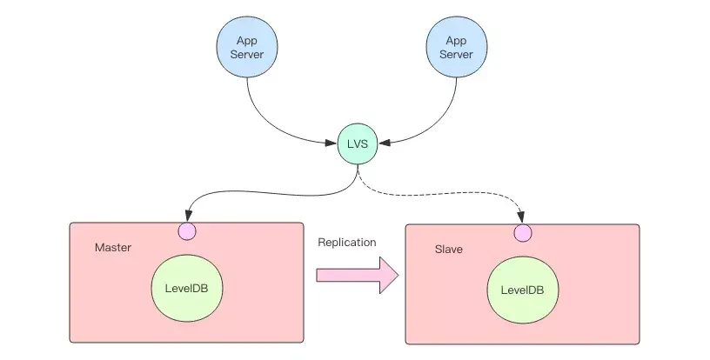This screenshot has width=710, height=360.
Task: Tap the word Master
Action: tap(113, 248)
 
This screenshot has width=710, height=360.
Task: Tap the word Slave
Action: tap(449, 250)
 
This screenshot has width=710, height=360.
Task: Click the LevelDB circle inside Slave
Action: tap(522, 290)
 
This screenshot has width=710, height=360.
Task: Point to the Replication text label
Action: tap(347, 243)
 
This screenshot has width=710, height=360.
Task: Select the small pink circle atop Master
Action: tap(187, 231)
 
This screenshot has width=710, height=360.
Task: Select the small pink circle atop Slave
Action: tap(522, 233)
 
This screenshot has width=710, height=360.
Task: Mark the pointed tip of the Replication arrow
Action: tap(397, 276)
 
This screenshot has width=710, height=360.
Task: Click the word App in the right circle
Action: tap(457, 40)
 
